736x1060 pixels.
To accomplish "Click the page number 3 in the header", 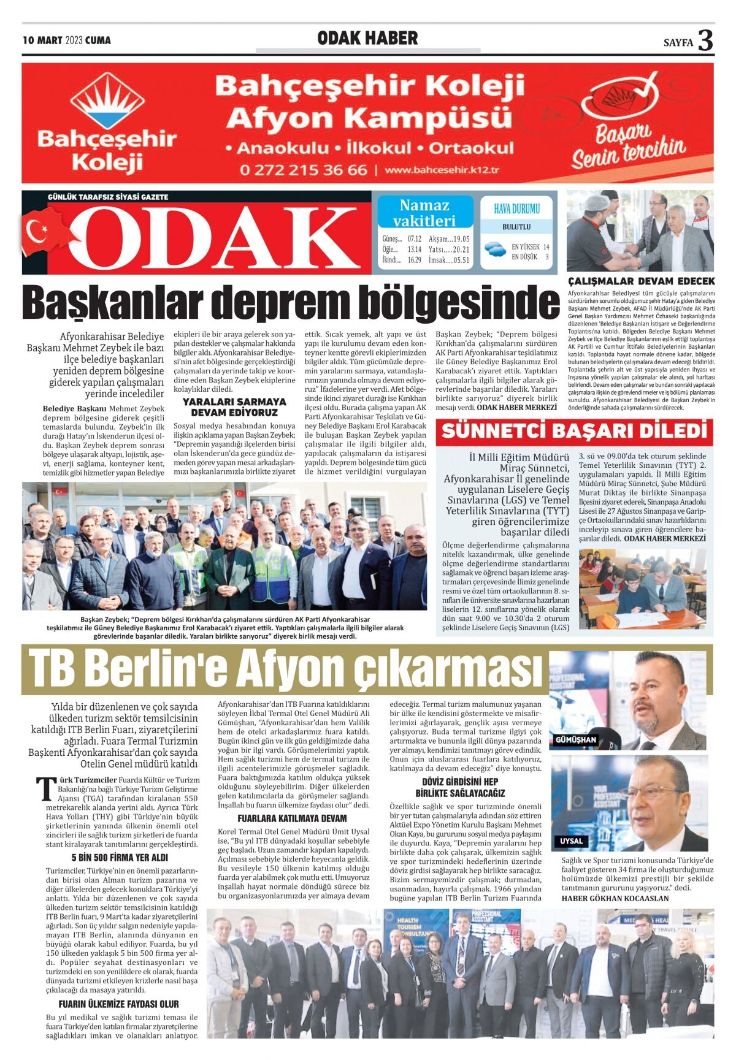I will tap(705, 40).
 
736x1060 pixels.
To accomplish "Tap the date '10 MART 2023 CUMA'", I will tap(67, 40).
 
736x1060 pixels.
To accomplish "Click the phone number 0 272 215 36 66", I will tap(304, 170).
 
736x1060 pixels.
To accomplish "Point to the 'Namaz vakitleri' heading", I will tap(424, 213).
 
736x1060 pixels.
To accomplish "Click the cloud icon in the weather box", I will tap(494, 249).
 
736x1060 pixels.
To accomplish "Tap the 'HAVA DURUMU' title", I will tap(516, 208).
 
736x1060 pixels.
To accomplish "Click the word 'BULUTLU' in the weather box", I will tap(516, 227).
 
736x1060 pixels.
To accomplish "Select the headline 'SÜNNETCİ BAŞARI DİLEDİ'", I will tap(574, 431).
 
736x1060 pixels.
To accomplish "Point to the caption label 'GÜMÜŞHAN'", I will tap(575, 740).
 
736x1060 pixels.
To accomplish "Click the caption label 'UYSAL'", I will tap(571, 841).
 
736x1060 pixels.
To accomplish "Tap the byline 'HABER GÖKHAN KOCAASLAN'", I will tap(615, 898).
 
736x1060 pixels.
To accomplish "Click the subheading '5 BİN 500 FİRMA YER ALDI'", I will tap(120, 858).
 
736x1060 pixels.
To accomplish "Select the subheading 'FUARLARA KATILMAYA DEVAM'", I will tap(292, 818).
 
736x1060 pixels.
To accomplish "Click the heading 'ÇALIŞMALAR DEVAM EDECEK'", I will tap(641, 281).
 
